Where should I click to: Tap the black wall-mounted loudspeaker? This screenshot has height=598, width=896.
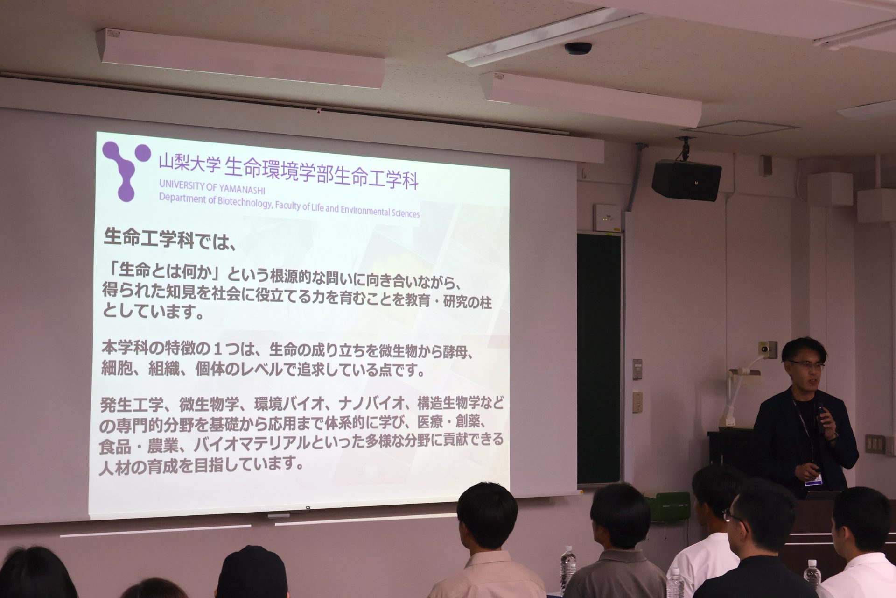pyautogui.click(x=686, y=179)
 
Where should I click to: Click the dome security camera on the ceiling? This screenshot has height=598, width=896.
pyautogui.click(x=578, y=48)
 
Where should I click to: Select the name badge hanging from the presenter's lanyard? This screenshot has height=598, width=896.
pyautogui.click(x=812, y=479)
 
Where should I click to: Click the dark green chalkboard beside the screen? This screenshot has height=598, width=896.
pyautogui.click(x=599, y=358)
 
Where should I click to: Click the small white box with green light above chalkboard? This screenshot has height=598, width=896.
pyautogui.click(x=607, y=218)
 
